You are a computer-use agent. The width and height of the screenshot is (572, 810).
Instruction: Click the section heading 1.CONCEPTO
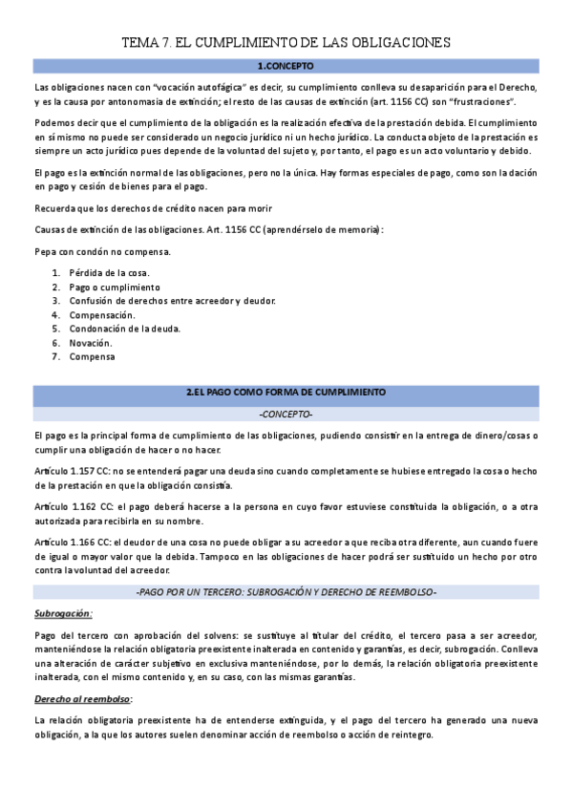coord(286,66)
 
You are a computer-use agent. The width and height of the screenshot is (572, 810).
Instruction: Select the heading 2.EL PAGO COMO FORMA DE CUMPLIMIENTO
coord(286,393)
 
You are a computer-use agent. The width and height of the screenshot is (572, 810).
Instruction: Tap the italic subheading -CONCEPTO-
coord(286,415)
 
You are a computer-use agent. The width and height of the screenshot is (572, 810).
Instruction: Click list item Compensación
coord(102,314)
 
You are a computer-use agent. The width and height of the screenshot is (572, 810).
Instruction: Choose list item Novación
coord(91,342)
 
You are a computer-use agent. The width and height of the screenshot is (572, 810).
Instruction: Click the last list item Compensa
coord(92,356)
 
